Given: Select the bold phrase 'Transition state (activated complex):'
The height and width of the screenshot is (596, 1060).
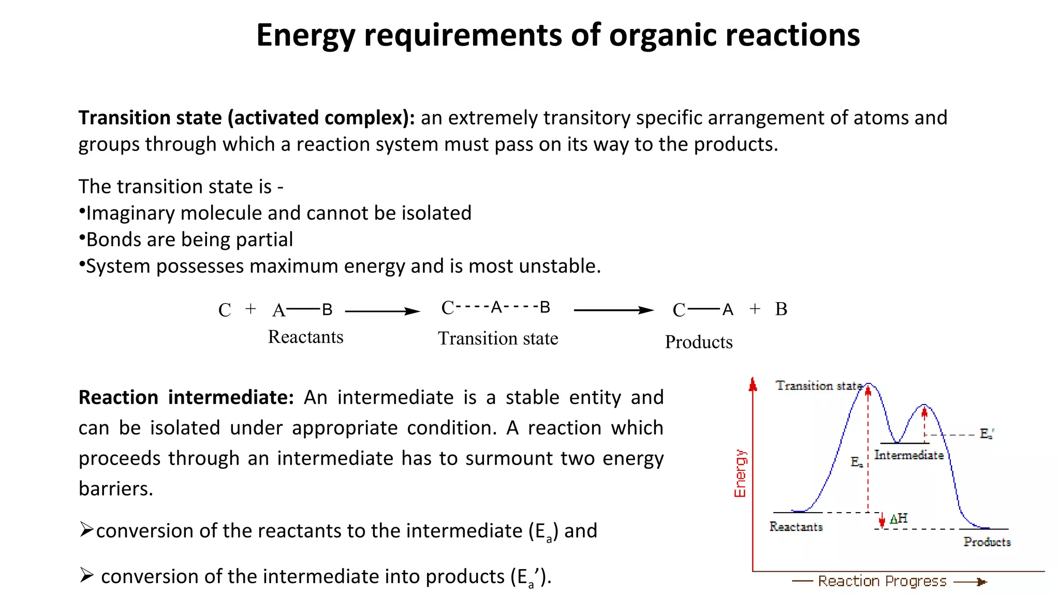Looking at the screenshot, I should (x=246, y=118).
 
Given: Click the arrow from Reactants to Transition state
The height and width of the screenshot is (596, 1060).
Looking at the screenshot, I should (x=382, y=311).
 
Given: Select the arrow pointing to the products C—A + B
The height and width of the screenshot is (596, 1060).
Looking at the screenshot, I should (x=614, y=310).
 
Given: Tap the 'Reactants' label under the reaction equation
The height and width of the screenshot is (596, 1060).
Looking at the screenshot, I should (x=305, y=337).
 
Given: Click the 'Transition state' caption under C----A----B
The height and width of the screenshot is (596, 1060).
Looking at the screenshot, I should (x=498, y=338).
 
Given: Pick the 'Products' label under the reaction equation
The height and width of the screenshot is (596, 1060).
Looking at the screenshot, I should (x=698, y=342).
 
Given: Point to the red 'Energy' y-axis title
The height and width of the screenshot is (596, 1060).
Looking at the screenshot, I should (x=740, y=473).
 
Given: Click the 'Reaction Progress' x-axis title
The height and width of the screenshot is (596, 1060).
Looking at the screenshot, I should (x=882, y=582).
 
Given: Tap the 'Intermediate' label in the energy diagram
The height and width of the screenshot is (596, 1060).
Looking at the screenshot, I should (x=909, y=455).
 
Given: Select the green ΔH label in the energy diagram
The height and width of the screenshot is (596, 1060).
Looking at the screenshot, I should (x=899, y=518).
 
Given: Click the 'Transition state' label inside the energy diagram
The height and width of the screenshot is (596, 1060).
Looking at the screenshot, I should (x=818, y=385).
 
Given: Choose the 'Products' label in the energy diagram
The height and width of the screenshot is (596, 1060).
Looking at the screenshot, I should (x=987, y=542).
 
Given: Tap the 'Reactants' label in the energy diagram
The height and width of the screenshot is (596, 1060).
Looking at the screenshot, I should (x=796, y=527).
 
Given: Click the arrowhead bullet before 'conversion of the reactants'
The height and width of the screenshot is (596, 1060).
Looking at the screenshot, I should (x=86, y=529).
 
